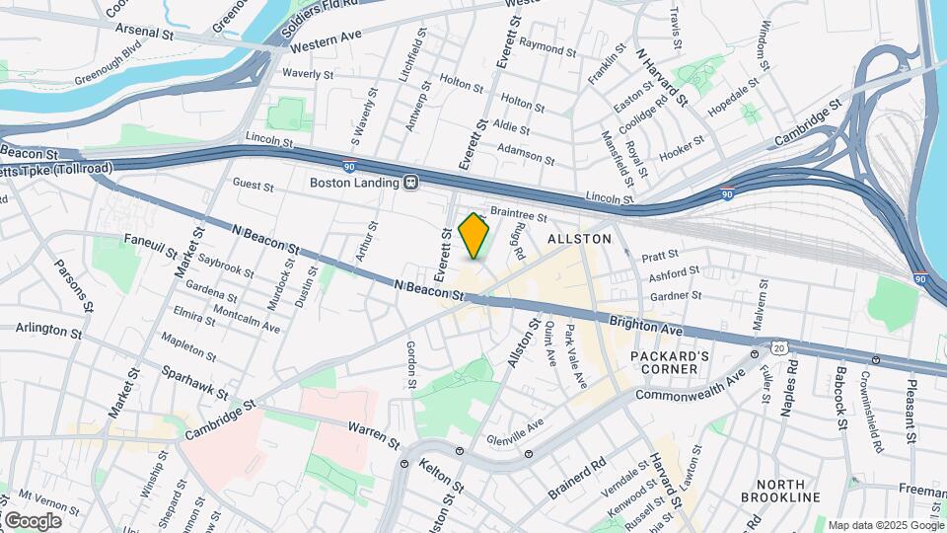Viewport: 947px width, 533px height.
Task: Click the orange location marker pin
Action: click(x=474, y=237)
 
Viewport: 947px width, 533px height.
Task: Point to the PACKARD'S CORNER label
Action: click(x=671, y=361)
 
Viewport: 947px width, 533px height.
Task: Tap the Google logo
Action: click(x=32, y=520)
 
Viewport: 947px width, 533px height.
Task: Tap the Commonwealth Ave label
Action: click(x=692, y=383)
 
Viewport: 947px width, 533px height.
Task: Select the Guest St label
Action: click(x=254, y=184)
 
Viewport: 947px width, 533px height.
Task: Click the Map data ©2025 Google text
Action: click(x=885, y=525)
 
